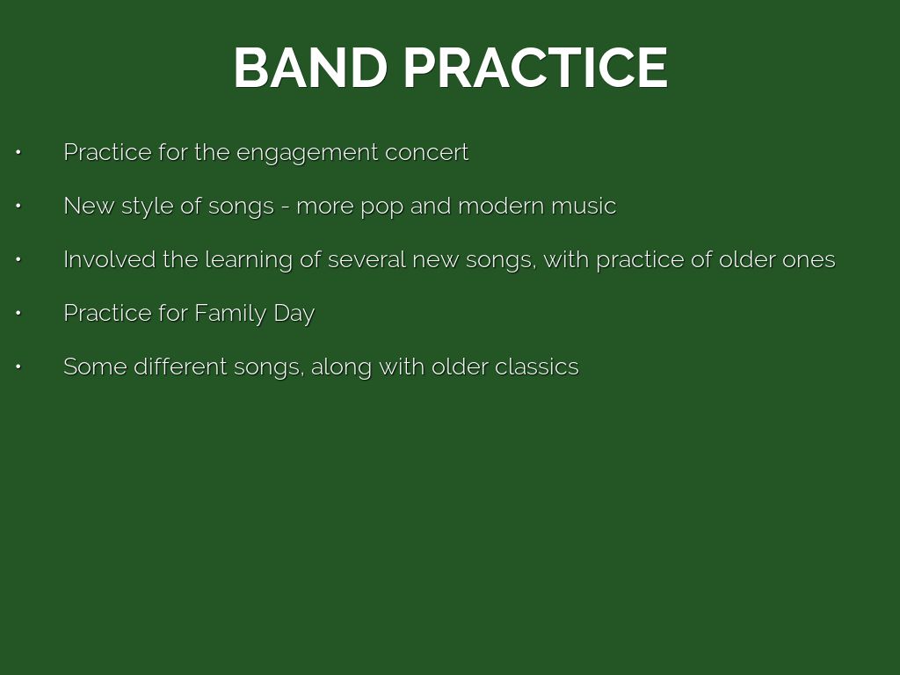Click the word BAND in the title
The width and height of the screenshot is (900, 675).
[310, 68]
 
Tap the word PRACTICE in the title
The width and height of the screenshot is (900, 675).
[535, 68]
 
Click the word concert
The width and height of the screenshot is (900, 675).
[426, 153]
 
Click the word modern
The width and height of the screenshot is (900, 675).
[500, 206]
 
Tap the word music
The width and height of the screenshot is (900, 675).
[584, 206]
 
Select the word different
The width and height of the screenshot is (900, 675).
[180, 367]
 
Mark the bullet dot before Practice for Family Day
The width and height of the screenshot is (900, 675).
[18, 314]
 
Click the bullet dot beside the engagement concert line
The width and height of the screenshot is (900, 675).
[18, 153]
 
